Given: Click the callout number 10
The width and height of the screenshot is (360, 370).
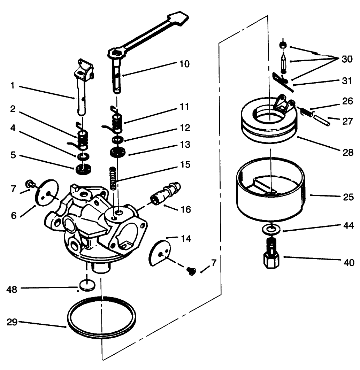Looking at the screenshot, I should coord(185,64).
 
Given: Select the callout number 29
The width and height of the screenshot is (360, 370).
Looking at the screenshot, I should coord(12,322).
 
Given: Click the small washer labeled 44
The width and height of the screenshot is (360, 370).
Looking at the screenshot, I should coord(270,229).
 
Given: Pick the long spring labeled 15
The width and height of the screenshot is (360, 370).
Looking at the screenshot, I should coord(113,178).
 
